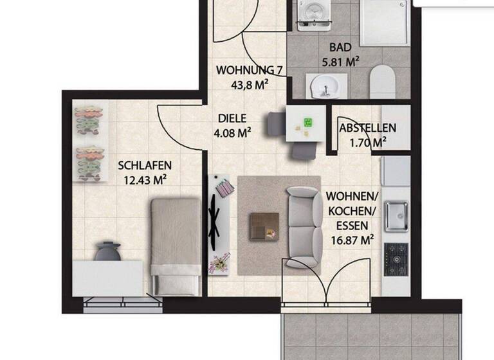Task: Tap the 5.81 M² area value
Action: pos(340,62)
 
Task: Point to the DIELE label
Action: pos(233,119)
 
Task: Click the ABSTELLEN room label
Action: pos(367,128)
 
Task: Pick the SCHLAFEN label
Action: pos(145,165)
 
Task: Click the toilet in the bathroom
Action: pos(382,82)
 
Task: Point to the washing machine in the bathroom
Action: pos(315,14)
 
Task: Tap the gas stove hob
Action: pos(396,258)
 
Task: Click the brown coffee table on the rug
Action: pos(264,226)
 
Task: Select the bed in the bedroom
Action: pos(176,244)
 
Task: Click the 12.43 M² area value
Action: pos(145,180)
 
